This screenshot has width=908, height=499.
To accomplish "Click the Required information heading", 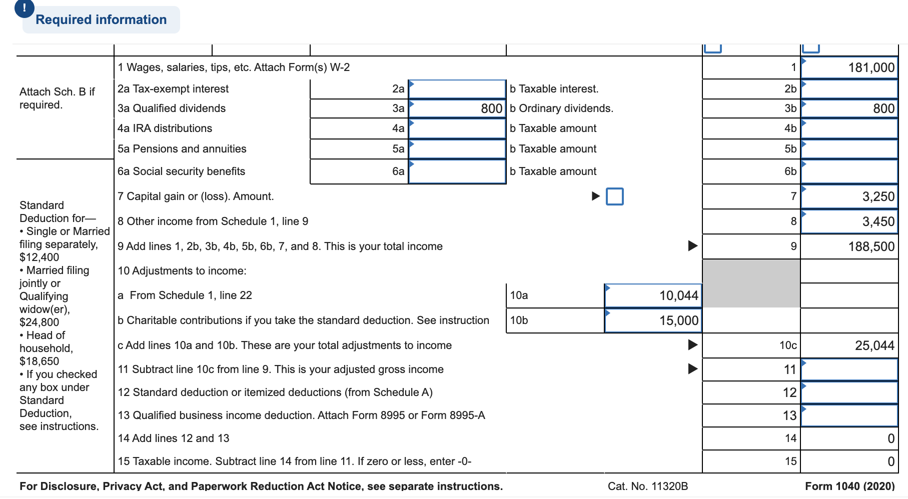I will pyautogui.click(x=101, y=19).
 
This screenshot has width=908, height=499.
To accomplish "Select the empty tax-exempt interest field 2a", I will pyautogui.click(x=457, y=89).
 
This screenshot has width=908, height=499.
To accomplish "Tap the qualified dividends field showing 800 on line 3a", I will pyautogui.click(x=457, y=108).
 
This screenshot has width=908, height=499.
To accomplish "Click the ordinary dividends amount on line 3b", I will pyautogui.click(x=849, y=108).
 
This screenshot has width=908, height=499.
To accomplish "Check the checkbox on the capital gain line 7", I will pyautogui.click(x=614, y=196).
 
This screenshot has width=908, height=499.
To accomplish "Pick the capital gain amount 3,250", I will pyautogui.click(x=849, y=196).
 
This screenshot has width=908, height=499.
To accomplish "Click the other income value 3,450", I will pyautogui.click(x=849, y=221).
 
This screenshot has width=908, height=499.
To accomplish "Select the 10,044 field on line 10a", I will pyautogui.click(x=653, y=295).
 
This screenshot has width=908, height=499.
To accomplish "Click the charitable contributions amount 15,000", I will pyautogui.click(x=653, y=320).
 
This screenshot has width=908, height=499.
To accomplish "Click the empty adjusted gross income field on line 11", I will pyautogui.click(x=849, y=369).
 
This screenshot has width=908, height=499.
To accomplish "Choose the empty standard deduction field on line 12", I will pyautogui.click(x=849, y=392).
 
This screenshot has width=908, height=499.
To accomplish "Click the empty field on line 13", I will pyautogui.click(x=849, y=415).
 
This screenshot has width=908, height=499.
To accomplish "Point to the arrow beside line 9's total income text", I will pyautogui.click(x=692, y=245).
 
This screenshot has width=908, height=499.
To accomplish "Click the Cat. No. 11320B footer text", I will pyautogui.click(x=647, y=486).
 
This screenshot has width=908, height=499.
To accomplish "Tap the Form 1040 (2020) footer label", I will pyautogui.click(x=849, y=486).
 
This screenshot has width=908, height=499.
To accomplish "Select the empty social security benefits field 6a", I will pyautogui.click(x=457, y=171).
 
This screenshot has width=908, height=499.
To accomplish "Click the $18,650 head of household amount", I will pyautogui.click(x=39, y=361).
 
